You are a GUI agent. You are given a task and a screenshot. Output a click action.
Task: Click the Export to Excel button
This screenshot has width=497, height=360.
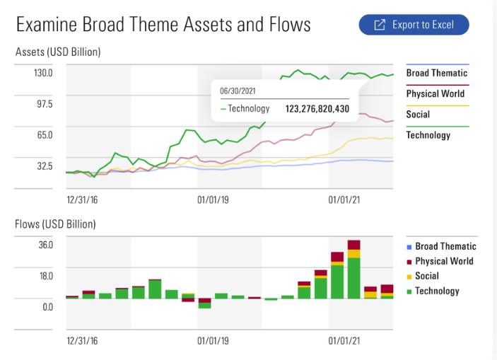tap(414, 25)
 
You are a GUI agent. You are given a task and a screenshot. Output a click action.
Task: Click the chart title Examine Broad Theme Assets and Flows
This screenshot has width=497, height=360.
tap(163, 25)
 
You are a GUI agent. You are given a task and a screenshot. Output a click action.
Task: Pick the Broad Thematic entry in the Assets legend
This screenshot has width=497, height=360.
tap(436, 73)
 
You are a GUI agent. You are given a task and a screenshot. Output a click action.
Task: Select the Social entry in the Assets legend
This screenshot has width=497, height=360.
tap(418, 114)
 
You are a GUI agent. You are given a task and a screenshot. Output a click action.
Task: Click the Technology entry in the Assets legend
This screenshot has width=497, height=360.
tap(428, 134)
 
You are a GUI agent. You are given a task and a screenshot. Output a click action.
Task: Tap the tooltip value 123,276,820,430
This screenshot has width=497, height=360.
tap(317, 109)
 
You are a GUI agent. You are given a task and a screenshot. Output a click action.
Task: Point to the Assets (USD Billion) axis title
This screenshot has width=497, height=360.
tap(58, 52)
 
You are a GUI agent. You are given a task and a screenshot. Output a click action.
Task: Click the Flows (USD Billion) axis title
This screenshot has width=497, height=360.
tap(55, 224)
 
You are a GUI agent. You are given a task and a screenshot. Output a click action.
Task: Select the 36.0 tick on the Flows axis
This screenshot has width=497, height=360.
tap(46, 245)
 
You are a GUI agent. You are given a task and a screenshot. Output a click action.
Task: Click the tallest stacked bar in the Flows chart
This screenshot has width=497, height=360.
tap(354, 270)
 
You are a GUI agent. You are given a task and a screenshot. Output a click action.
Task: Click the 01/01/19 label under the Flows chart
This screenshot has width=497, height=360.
tap(213, 340)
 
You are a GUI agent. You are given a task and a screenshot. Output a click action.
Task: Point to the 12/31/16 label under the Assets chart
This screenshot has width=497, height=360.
tap(82, 199)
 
